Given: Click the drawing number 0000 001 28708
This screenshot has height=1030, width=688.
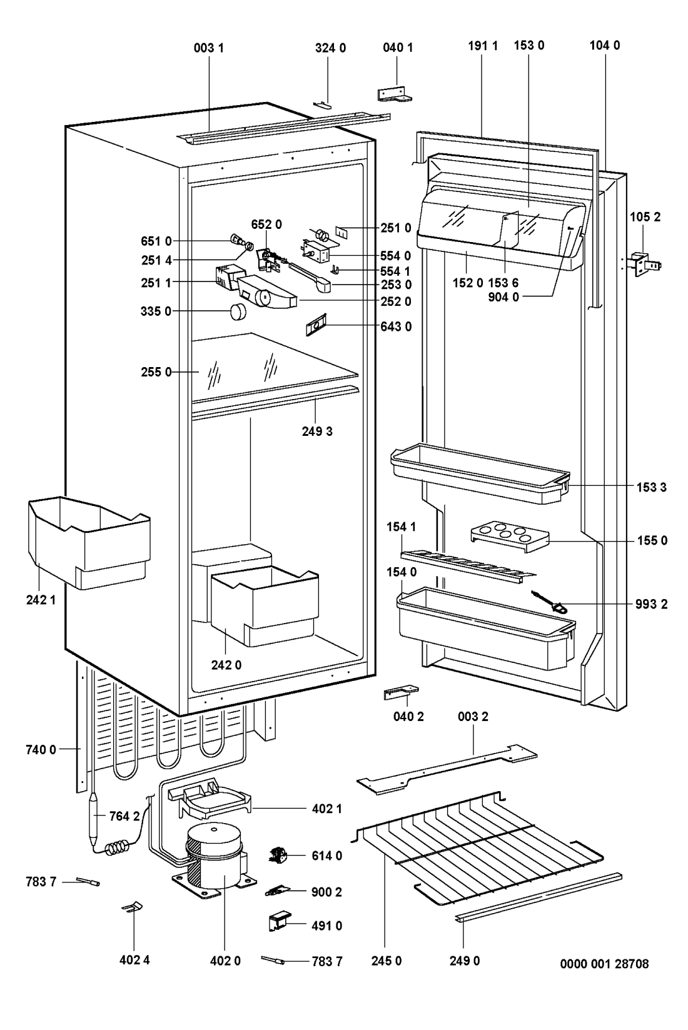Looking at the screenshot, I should [604, 964].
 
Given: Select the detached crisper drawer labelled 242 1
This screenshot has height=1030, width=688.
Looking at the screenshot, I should [88, 541].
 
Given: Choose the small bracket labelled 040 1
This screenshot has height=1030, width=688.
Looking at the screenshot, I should [396, 93].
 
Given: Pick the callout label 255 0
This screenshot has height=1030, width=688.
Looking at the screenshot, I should [156, 372].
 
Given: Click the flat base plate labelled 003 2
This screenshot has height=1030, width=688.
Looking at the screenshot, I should [447, 769].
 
